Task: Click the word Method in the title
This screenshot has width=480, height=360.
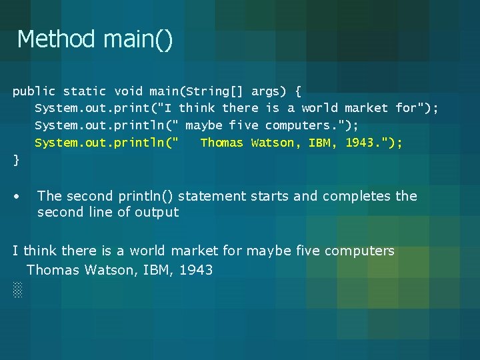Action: (56, 39)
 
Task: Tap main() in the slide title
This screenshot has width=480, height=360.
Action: (138, 39)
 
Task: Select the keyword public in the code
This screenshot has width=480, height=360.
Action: (34, 91)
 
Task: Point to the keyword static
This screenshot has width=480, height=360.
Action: (84, 91)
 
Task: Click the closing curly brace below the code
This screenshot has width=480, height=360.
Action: (16, 161)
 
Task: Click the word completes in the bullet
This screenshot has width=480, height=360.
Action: (357, 196)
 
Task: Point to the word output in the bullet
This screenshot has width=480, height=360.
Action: (157, 213)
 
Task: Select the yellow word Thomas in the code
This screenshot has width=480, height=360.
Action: (221, 143)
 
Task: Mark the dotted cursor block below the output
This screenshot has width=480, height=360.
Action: (17, 289)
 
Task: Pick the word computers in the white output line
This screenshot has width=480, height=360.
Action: (360, 251)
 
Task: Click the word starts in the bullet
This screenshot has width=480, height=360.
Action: (271, 196)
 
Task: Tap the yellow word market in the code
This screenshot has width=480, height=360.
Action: (366, 108)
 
